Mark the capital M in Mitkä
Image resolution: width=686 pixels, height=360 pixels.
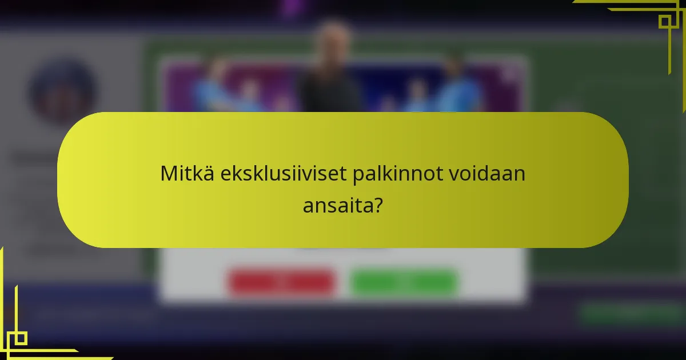168,174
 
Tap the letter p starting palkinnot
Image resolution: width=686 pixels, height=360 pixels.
357,175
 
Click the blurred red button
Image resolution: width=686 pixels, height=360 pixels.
281,281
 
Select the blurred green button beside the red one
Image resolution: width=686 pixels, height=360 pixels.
404,281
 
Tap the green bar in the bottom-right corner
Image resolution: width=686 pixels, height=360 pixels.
629,313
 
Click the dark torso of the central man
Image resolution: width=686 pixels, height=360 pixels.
330,91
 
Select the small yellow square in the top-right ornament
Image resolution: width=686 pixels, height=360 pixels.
664,22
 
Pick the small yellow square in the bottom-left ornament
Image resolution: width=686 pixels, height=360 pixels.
21,338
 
